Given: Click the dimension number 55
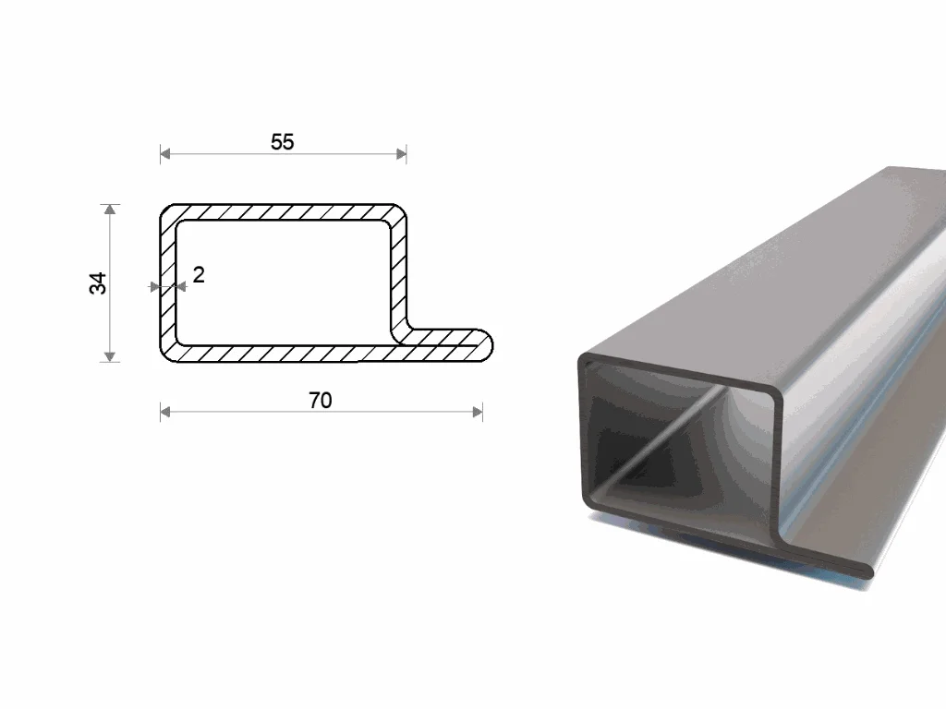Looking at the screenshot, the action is pos(283,142).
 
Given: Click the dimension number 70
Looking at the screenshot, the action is pos(321,401).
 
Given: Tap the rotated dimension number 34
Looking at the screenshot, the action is pos(98,283).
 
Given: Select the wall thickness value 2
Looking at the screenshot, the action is pos(199,275).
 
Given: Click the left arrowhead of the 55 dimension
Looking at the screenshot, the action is pos(165,154).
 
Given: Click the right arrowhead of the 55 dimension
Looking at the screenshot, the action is pos(401,154).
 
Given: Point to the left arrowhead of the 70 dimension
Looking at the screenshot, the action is pos(165,413).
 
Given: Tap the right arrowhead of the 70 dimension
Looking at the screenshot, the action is pos(478,413).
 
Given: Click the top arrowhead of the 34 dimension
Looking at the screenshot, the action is pos(109,210).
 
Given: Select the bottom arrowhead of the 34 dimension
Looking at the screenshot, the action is pos(109,357).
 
